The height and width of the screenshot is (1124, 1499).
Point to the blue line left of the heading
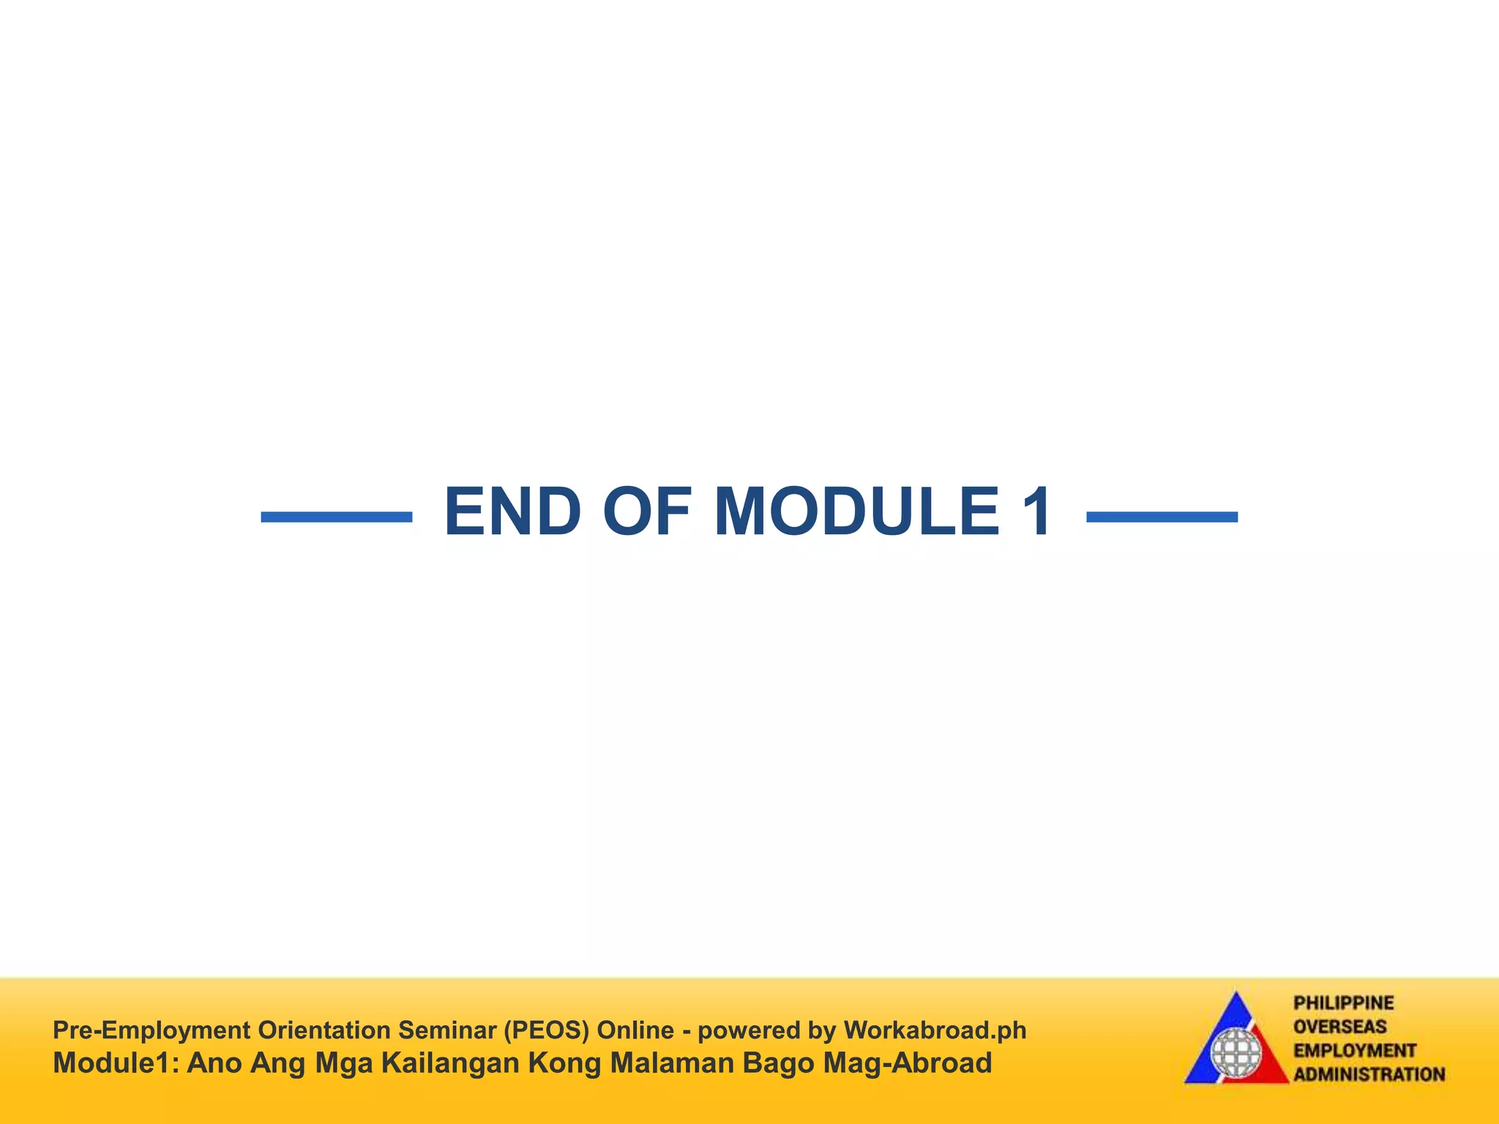(x=337, y=517)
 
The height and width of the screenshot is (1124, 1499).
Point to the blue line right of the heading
(x=1162, y=517)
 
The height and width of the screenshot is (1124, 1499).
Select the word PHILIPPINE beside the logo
(x=1344, y=1003)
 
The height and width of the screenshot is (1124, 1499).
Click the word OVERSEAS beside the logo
(x=1340, y=1027)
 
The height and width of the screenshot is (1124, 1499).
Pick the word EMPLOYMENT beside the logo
(x=1355, y=1051)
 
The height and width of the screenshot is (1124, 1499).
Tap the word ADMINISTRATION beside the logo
(x=1369, y=1074)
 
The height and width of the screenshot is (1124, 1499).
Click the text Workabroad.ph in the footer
(x=935, y=1030)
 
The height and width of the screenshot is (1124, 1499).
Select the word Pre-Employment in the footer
(x=151, y=1030)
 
